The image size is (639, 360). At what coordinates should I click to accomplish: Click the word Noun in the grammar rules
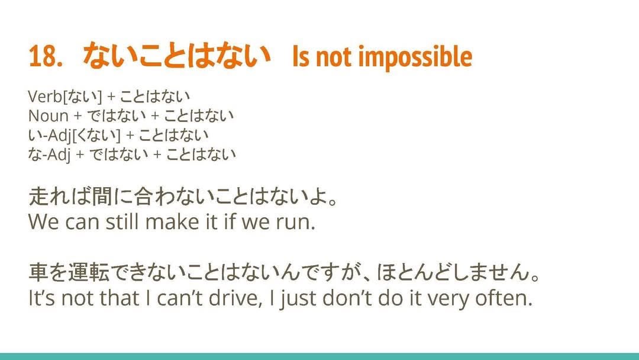(48, 116)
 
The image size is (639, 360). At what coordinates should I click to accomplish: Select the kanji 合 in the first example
(145, 197)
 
